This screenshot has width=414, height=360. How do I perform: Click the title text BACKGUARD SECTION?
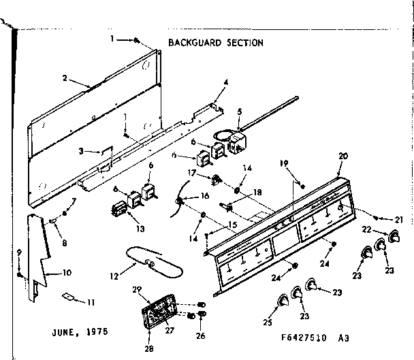coord(215,42)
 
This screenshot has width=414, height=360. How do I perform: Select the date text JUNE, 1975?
coord(79,333)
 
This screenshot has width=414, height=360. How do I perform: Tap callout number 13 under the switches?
coord(139,229)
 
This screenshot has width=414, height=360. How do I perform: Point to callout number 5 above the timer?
coord(239,111)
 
